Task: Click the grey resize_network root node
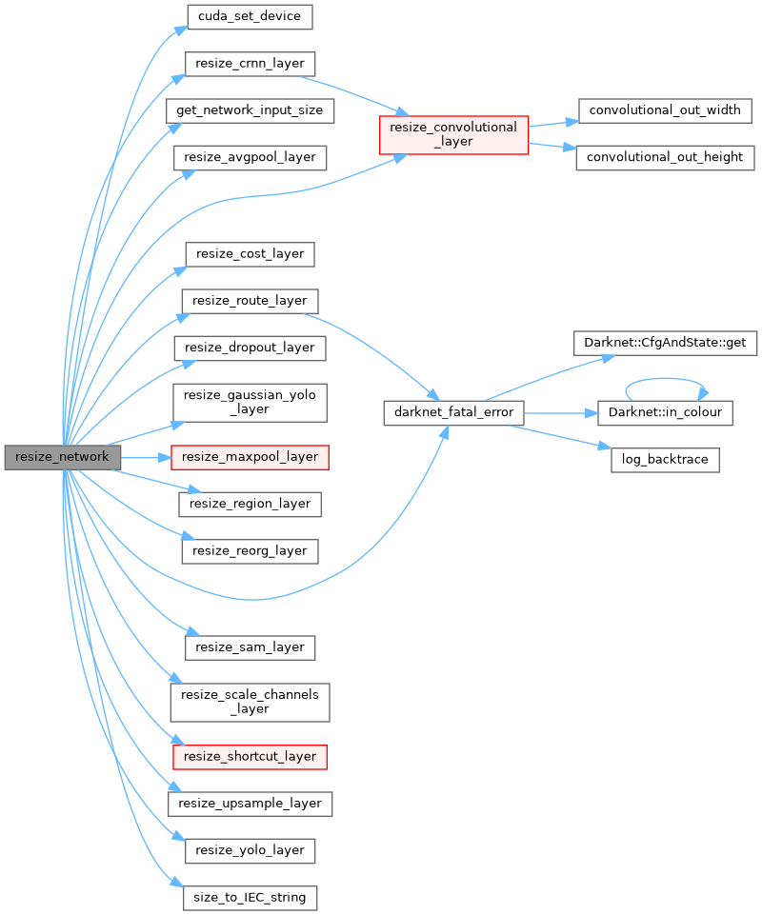click(x=63, y=457)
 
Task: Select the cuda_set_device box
click(x=250, y=16)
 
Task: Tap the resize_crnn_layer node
click(x=249, y=63)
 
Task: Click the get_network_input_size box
click(x=250, y=109)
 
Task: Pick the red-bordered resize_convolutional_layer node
click(x=453, y=133)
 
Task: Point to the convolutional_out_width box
click(x=665, y=109)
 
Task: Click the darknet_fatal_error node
click(x=453, y=412)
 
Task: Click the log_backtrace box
click(x=665, y=459)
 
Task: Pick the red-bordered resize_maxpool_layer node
click(x=250, y=457)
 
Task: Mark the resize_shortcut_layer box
click(x=250, y=756)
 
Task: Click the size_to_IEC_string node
click(x=250, y=897)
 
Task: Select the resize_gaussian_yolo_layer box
click(x=250, y=402)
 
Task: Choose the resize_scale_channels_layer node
click(x=250, y=702)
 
